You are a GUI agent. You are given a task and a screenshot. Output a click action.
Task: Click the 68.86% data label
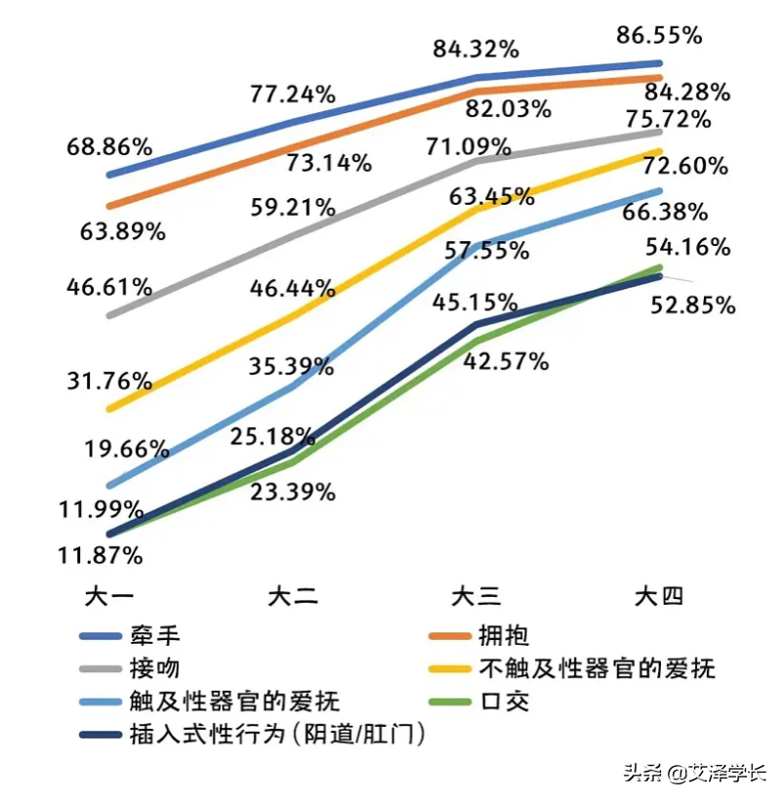coord(109,148)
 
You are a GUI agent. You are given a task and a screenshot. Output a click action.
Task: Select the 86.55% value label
coord(659,36)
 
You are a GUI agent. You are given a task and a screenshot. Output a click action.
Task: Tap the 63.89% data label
coord(123,232)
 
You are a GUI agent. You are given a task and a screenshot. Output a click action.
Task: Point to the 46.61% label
coord(109,288)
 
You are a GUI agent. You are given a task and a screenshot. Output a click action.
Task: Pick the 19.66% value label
coord(126,451)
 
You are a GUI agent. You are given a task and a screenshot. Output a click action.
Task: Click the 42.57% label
coord(506,362)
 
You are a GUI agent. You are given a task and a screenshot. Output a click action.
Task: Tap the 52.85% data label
coord(692,305)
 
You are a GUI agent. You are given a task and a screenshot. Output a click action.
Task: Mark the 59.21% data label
coord(293,208)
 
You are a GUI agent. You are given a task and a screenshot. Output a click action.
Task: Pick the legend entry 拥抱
coord(504,637)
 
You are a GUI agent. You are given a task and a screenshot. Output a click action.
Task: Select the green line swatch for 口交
coord(449,700)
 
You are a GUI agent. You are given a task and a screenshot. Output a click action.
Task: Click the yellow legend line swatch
coord(449,668)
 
